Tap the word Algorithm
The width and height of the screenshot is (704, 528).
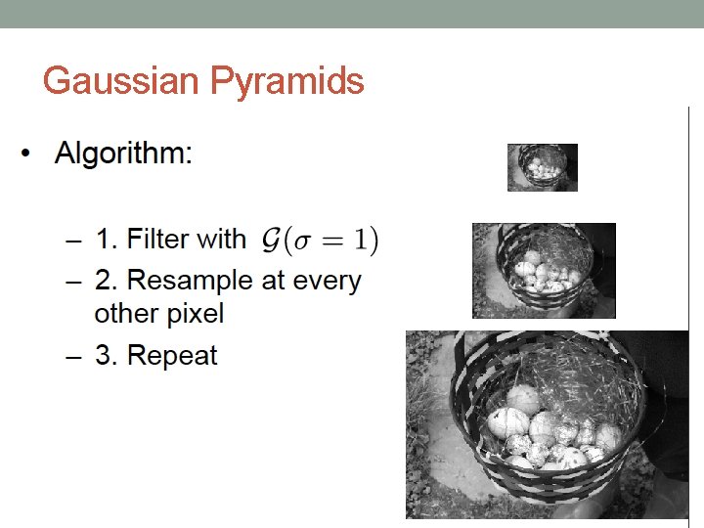pos(123,154)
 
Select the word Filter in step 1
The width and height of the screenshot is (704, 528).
pos(157,239)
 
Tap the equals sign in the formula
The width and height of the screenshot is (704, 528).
pos(337,240)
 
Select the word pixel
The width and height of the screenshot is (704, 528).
pos(195,314)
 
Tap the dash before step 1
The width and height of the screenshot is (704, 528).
pos(72,240)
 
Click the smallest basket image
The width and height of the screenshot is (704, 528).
pos(542,167)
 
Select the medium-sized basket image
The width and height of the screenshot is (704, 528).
pos(544,270)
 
